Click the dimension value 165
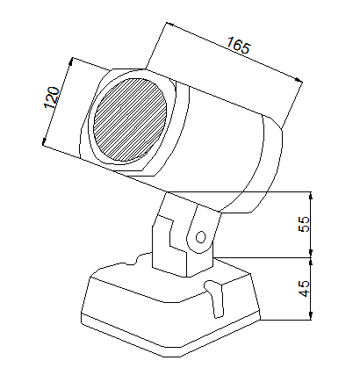238,46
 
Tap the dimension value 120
52,97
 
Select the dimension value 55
304,224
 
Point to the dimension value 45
304,288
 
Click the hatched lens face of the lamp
131,119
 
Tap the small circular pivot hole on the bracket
200,237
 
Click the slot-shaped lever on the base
215,299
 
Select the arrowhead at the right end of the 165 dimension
299,80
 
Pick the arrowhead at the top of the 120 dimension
70,61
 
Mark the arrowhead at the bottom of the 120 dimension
44,141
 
